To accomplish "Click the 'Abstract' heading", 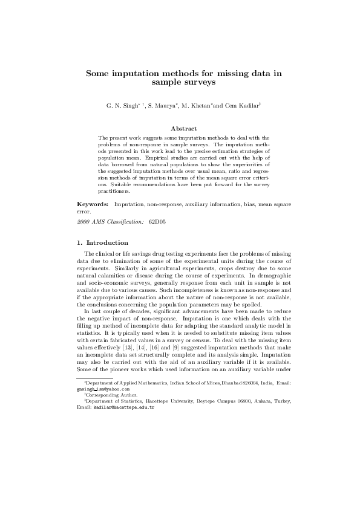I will click(x=183, y=128).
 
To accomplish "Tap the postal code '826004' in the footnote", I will click(x=242, y=384).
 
